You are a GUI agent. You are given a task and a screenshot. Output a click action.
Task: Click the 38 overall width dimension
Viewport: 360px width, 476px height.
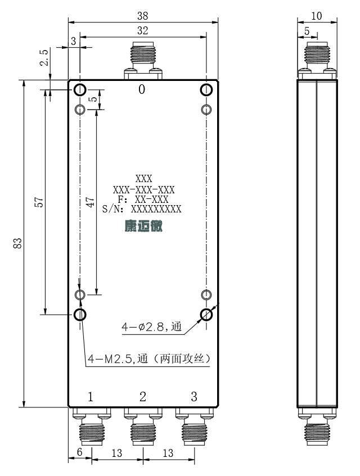(142, 16)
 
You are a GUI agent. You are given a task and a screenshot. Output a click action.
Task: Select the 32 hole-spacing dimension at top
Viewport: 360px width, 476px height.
(142, 31)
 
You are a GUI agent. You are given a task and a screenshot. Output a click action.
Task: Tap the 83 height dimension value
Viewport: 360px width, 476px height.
(17, 243)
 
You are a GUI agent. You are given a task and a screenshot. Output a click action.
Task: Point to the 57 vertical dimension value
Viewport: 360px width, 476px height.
(39, 202)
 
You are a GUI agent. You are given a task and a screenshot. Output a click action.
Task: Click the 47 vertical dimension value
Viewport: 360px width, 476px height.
(90, 202)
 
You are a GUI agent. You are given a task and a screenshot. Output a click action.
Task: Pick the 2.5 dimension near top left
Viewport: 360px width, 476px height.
(44, 57)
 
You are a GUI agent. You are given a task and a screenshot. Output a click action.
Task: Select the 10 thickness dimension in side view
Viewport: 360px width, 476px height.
(317, 16)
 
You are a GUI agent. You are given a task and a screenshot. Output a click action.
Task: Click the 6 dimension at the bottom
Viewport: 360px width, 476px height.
(80, 452)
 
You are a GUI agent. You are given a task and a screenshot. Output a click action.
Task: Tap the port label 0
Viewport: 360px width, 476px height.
(142, 89)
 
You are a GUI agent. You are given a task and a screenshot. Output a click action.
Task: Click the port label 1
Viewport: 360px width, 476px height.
(90, 396)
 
